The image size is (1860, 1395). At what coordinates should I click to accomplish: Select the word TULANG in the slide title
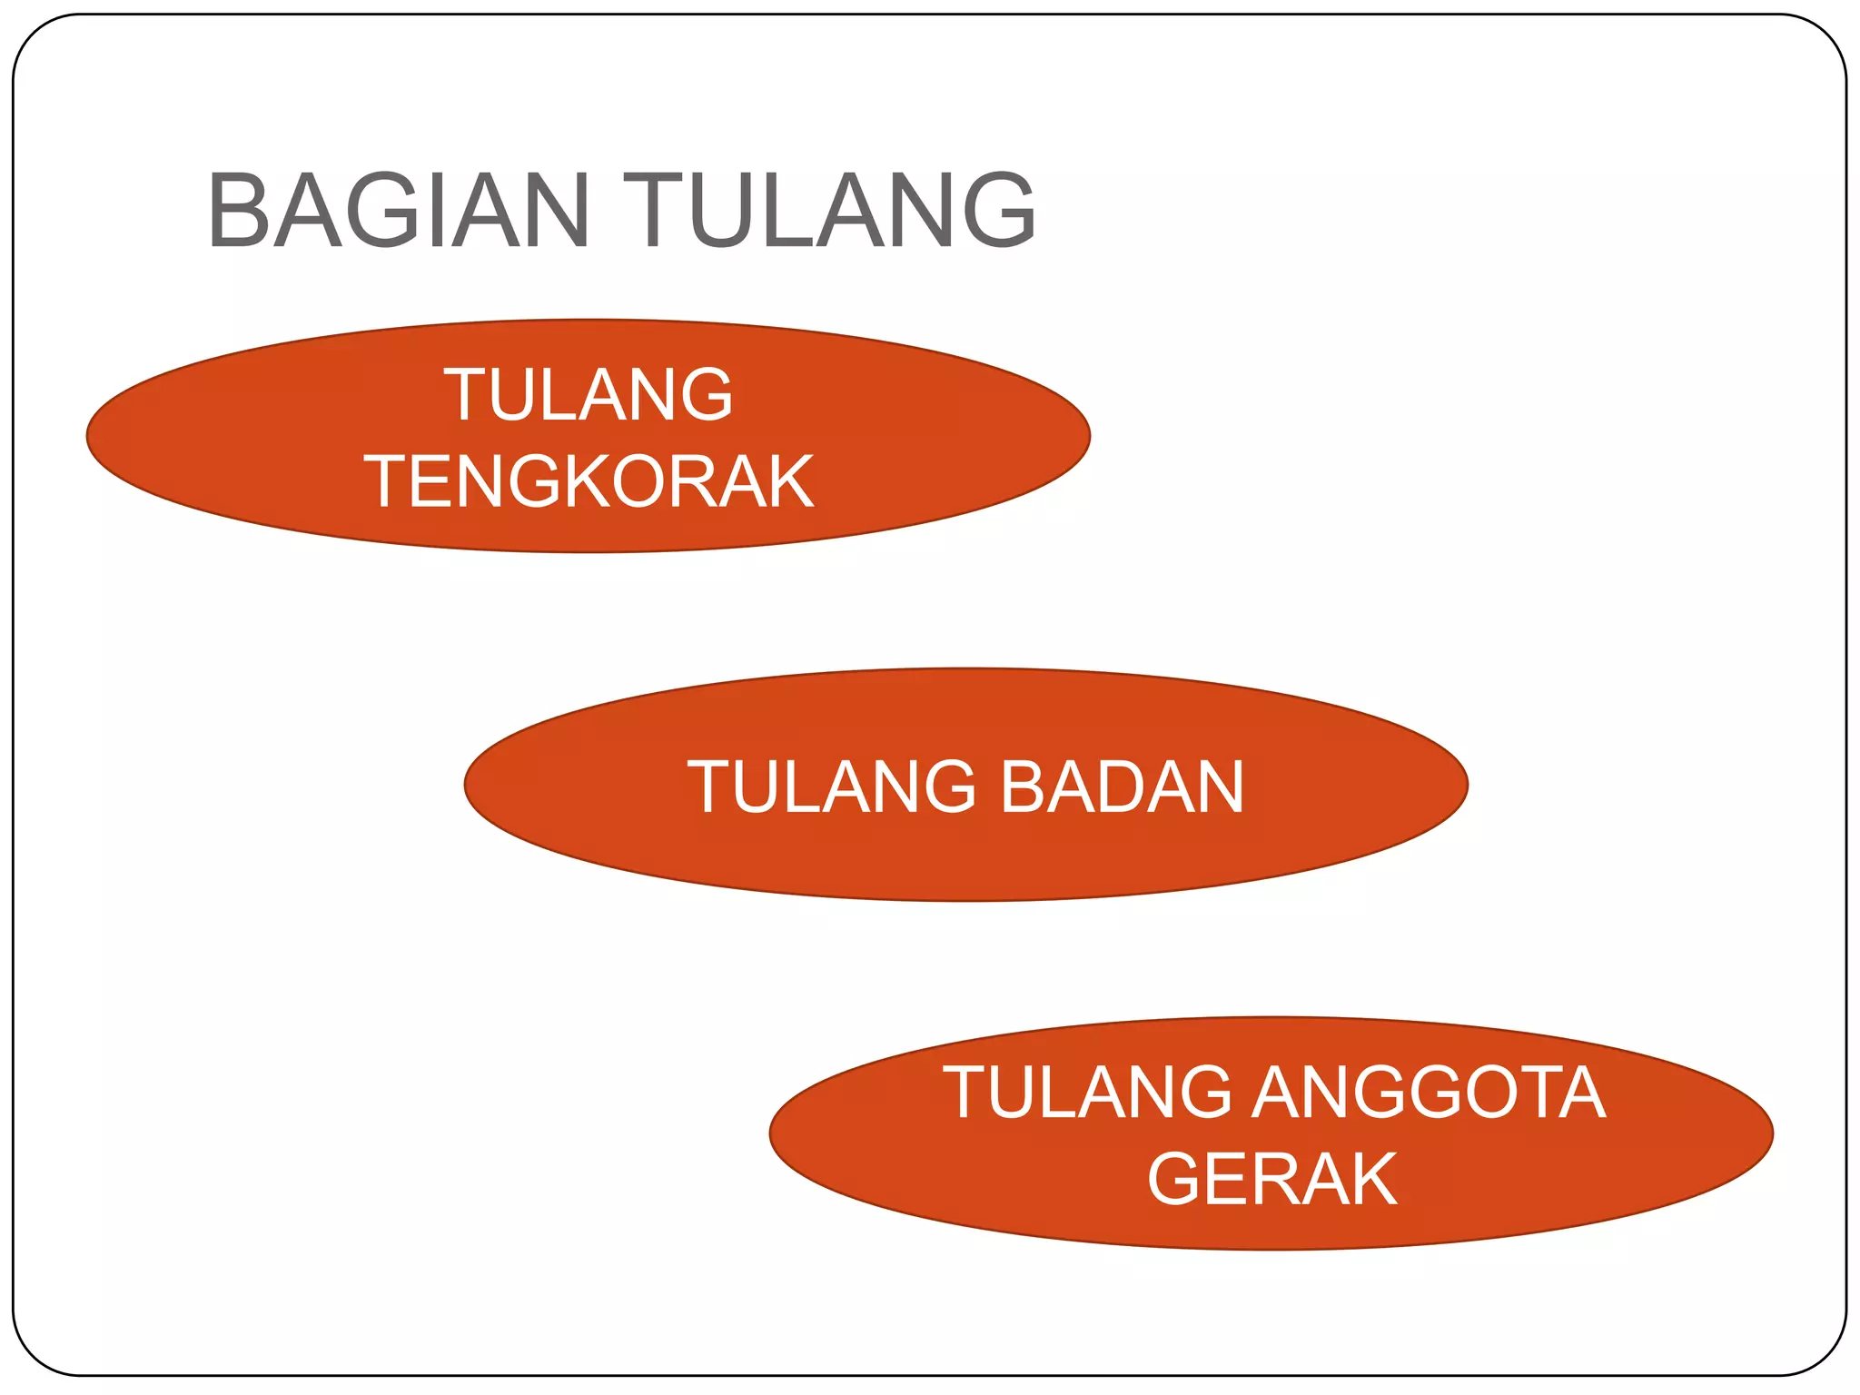point(828,211)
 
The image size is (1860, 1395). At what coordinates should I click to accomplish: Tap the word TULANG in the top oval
point(589,394)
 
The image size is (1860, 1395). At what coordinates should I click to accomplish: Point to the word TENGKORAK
point(589,481)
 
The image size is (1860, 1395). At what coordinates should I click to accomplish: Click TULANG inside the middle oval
point(830,787)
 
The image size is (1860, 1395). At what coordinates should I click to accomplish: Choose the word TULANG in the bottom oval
point(1087,1092)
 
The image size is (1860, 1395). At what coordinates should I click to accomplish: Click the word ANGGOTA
point(1429,1092)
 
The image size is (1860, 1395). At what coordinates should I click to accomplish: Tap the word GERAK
point(1271,1179)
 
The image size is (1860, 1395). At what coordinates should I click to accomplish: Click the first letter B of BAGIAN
point(239,211)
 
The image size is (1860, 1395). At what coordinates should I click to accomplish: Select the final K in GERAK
point(1370,1179)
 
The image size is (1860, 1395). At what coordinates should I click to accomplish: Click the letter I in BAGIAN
point(440,211)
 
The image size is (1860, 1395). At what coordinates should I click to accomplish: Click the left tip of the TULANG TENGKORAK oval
point(88,436)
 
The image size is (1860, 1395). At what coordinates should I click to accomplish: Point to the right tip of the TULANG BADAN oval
point(1467,785)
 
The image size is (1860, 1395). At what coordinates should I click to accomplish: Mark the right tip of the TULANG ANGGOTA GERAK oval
point(1772,1133)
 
